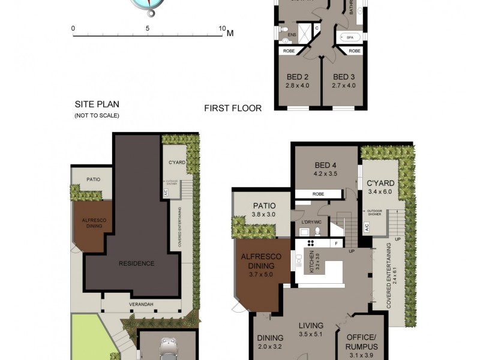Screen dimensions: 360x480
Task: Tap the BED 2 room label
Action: click(298, 77)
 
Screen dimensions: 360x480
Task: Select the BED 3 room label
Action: click(344, 77)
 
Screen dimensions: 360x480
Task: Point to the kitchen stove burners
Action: click(313, 243)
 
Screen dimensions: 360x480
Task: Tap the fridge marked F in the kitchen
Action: click(337, 244)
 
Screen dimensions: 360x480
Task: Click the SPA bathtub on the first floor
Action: click(349, 37)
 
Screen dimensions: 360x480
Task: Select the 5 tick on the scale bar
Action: click(148, 28)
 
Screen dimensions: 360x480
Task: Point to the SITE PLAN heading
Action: click(97, 103)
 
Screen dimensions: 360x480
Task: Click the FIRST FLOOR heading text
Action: click(233, 109)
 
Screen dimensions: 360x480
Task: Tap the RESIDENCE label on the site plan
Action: click(136, 263)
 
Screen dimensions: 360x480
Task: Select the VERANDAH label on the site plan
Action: click(142, 305)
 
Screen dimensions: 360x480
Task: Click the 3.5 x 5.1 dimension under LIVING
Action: click(311, 336)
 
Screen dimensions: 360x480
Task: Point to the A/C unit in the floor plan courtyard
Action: click(367, 227)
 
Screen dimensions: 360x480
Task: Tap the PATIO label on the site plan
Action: click(93, 179)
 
